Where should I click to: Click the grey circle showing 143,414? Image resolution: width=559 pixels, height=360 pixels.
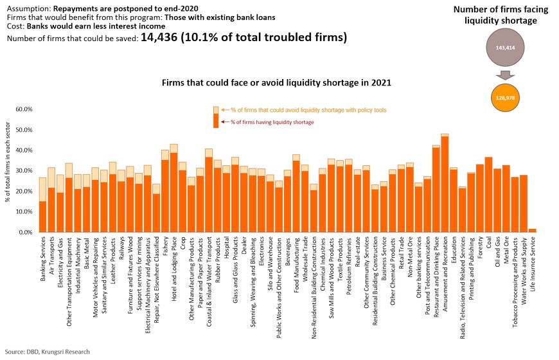click(x=505, y=48)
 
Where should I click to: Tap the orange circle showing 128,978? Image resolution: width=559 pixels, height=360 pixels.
click(x=505, y=97)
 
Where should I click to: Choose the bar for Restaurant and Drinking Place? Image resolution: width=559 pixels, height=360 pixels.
click(x=436, y=190)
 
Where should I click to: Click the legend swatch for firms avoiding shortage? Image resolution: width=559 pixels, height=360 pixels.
click(x=216, y=110)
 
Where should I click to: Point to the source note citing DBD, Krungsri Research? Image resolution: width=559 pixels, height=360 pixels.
click(x=48, y=352)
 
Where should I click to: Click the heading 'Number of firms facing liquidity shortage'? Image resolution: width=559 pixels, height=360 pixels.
click(x=504, y=15)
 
